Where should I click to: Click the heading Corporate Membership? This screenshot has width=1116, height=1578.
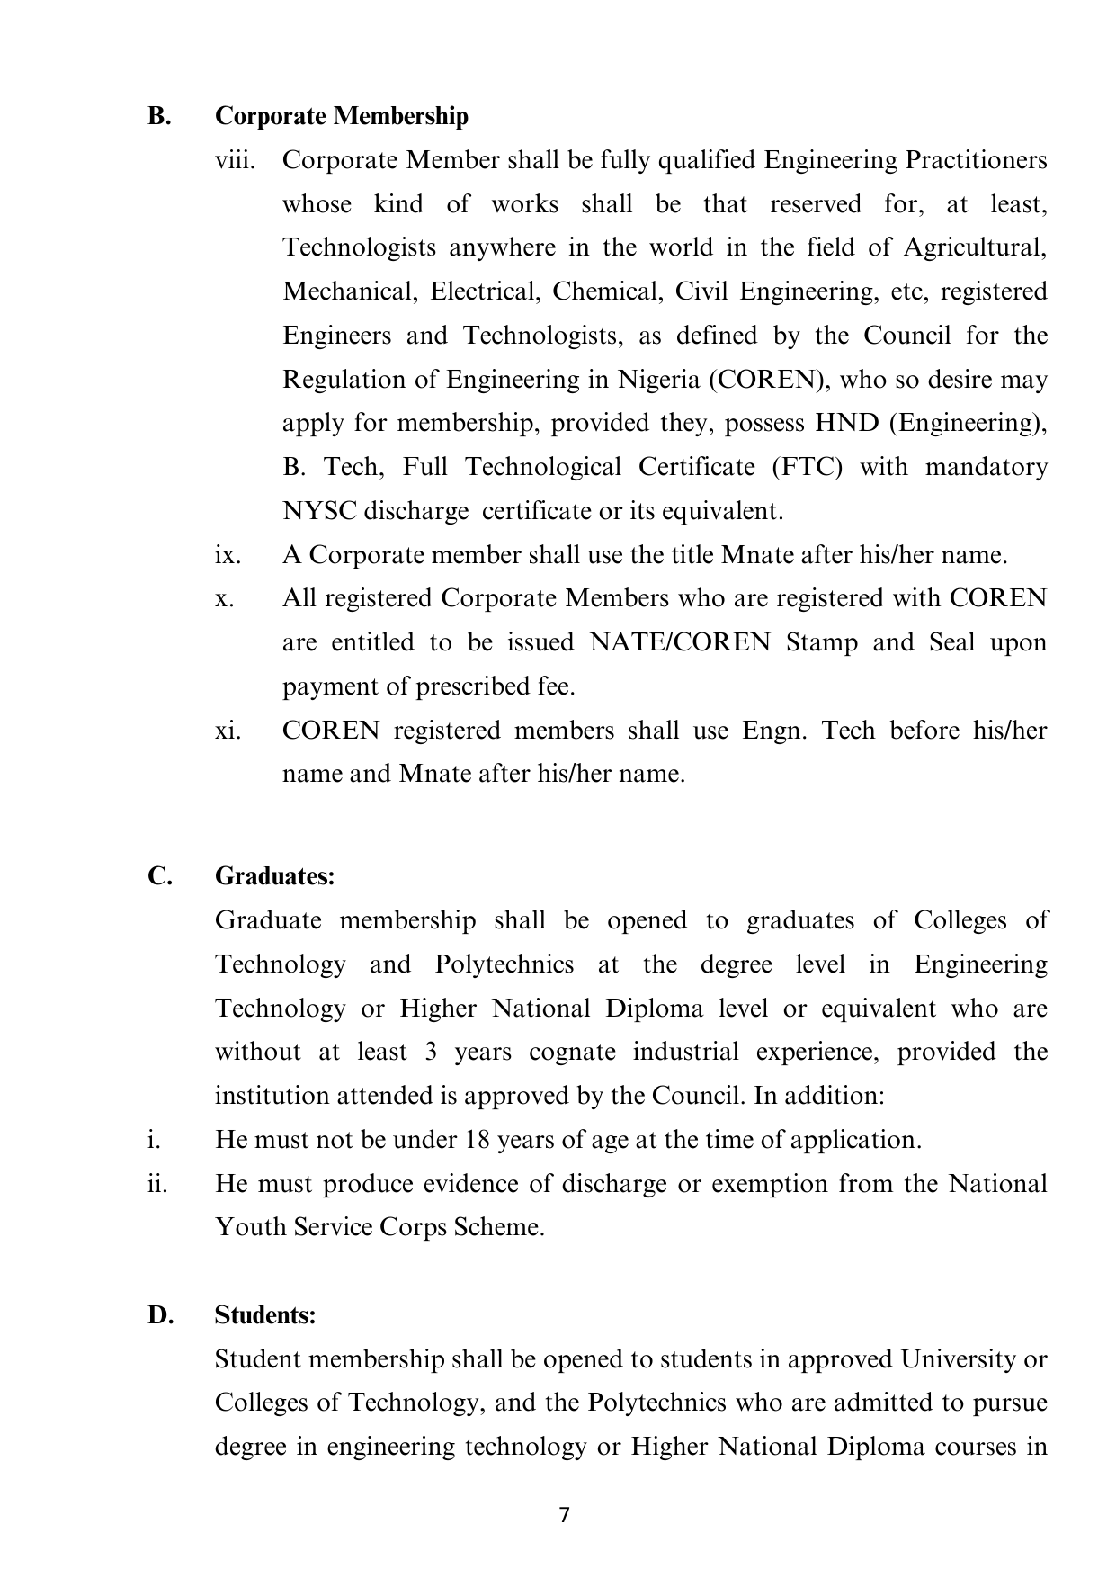342,116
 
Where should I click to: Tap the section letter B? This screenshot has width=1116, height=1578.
159,116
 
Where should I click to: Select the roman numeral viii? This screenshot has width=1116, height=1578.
235,160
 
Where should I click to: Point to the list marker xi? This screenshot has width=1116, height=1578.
228,730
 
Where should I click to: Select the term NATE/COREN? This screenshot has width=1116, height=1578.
680,642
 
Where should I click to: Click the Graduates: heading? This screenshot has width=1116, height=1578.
274,876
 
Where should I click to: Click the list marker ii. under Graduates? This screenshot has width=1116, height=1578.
156,1183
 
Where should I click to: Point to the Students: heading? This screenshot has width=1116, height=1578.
265,1315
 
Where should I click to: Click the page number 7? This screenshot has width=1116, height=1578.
564,1515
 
